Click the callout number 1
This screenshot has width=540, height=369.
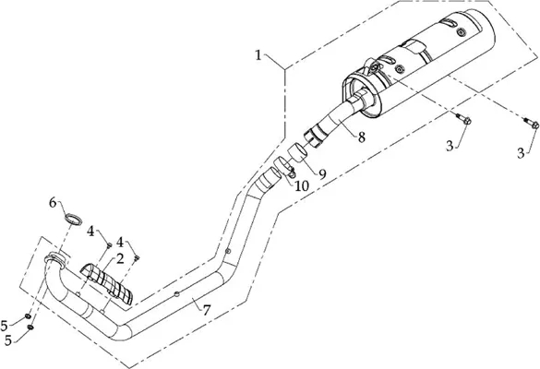tap(258, 55)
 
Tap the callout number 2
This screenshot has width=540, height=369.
tap(120, 259)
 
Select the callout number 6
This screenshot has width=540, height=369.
tap(53, 203)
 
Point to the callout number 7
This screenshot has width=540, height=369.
tap(206, 311)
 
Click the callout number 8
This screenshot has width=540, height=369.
tap(361, 137)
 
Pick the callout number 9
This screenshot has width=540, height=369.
tap(322, 174)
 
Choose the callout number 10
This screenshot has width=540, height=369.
tap(302, 186)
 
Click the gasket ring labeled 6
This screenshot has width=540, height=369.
tap(74, 219)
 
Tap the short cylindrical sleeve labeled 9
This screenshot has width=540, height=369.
tap(297, 152)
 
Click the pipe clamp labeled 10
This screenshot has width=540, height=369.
tap(284, 166)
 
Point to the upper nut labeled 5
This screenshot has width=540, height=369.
tap(28, 316)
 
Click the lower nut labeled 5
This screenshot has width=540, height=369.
tap(30, 327)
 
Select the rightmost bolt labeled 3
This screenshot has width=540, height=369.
tap(532, 124)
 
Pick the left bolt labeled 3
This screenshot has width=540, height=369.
tap(463, 119)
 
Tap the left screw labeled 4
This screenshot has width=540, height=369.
tap(109, 245)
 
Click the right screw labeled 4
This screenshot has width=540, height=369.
tap(137, 257)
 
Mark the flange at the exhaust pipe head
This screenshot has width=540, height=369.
tap(55, 257)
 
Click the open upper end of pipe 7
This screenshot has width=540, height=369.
tap(269, 178)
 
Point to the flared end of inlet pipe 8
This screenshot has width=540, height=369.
tap(313, 137)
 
